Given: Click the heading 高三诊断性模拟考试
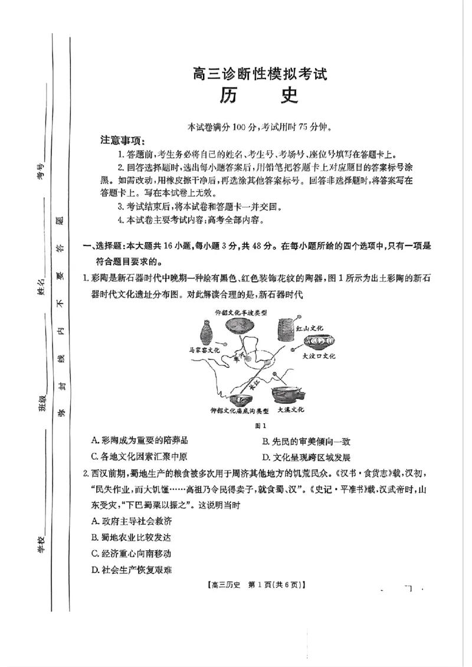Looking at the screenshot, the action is click(259, 74).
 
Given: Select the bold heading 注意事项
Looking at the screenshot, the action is click(123, 140).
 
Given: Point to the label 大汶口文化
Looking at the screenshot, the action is click(318, 356).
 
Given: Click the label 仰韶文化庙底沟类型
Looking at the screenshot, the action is click(240, 410).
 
